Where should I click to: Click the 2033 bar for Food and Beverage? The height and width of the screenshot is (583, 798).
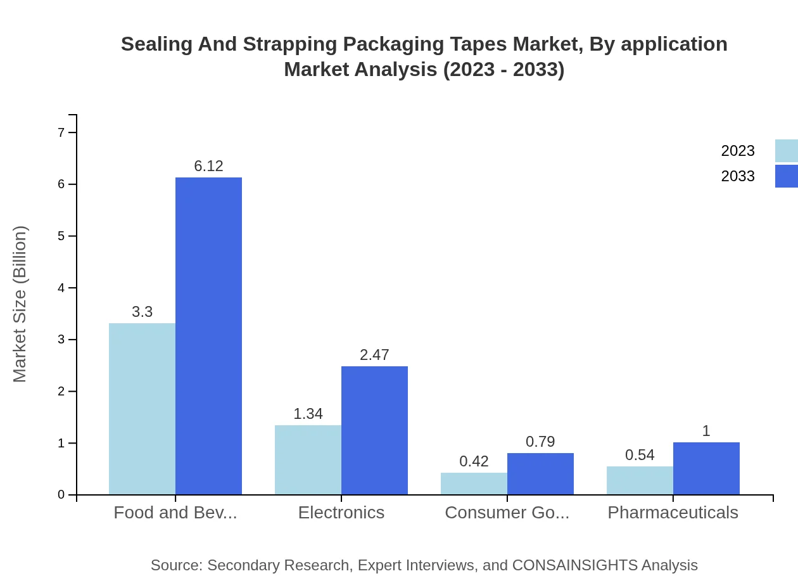(x=208, y=336)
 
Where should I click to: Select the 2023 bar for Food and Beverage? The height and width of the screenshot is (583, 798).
(x=142, y=409)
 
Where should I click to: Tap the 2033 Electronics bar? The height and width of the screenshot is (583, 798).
(x=374, y=430)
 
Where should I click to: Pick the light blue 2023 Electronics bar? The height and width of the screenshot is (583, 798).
(x=308, y=459)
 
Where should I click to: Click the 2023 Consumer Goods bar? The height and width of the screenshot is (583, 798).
(x=474, y=484)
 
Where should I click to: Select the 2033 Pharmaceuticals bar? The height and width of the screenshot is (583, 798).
(x=706, y=468)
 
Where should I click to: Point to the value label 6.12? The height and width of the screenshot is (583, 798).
(x=208, y=166)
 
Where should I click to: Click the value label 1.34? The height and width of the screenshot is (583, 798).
(x=308, y=414)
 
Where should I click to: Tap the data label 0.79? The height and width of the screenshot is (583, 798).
(x=540, y=442)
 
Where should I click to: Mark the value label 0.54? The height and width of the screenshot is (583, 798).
(x=640, y=455)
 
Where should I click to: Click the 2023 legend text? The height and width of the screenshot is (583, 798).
(x=737, y=151)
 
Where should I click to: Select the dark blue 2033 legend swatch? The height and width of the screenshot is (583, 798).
(x=786, y=176)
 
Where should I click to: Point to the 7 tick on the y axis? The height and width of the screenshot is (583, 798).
(x=61, y=132)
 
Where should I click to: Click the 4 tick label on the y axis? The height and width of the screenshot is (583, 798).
(x=61, y=288)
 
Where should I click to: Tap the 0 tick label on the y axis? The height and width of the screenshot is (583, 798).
(x=61, y=495)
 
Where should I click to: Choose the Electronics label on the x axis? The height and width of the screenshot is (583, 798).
(x=341, y=513)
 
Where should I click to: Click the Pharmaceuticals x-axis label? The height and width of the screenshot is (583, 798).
(x=673, y=513)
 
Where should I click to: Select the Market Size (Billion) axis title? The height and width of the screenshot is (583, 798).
(x=20, y=304)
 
